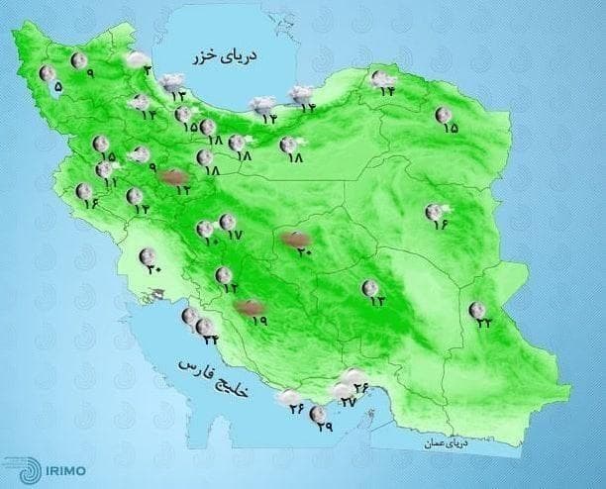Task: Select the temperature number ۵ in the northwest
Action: [x=57, y=87]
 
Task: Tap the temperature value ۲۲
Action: [x=482, y=322]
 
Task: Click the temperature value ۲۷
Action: [x=348, y=402]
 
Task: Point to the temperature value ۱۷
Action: [x=235, y=235]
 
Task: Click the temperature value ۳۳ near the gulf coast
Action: [x=210, y=340]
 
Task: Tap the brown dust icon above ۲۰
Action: [x=294, y=238]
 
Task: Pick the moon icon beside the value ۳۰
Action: [x=148, y=255]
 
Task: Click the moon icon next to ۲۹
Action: [x=319, y=413]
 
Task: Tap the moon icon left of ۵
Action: [x=46, y=73]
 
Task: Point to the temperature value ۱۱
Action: [x=111, y=183]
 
